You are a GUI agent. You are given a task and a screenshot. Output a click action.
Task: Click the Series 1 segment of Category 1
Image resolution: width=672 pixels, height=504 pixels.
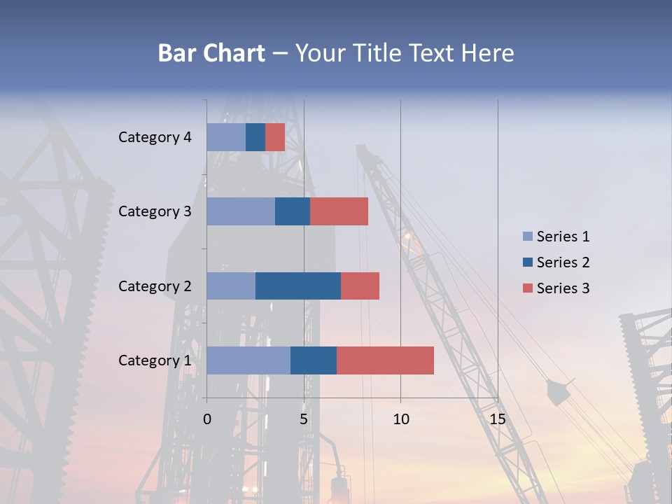[x=248, y=360]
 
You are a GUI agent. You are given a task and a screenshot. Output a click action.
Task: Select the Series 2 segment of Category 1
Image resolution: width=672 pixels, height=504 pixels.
[x=314, y=360]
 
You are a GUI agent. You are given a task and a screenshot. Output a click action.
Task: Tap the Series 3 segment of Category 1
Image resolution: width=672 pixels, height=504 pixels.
[x=385, y=360]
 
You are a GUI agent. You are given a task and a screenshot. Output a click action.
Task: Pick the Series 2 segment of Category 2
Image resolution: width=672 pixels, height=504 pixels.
[x=298, y=286]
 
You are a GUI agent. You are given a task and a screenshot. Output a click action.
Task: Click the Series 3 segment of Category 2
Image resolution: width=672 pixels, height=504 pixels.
[x=360, y=286]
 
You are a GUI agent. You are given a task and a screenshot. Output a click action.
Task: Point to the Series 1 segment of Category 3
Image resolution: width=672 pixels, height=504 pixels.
[x=241, y=211]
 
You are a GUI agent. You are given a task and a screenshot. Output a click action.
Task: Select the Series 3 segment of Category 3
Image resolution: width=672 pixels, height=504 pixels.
[x=339, y=211]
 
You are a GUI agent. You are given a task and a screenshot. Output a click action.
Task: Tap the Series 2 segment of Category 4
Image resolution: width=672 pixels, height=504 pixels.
[x=255, y=137]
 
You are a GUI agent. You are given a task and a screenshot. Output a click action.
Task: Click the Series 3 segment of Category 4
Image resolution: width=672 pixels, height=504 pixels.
[x=275, y=137]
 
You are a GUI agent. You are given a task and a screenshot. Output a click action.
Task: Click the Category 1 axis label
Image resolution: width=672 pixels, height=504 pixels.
[x=154, y=360]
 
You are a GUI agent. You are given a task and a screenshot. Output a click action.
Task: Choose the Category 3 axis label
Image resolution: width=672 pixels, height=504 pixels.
[x=154, y=211]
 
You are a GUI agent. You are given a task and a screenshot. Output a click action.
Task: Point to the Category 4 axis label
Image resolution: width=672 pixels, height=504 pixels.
[x=154, y=137]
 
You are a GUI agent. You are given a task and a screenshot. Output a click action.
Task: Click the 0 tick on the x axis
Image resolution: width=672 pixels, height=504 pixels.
[x=207, y=419]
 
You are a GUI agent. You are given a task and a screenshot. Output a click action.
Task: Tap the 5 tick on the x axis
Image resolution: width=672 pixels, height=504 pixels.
[x=304, y=419]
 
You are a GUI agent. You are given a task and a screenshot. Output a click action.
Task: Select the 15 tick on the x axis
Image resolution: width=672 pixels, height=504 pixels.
[x=497, y=419]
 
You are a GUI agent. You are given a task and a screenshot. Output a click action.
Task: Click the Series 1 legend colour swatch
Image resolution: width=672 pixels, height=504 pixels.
[x=528, y=237]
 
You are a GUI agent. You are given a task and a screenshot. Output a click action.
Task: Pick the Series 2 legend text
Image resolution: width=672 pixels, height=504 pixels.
[x=563, y=262]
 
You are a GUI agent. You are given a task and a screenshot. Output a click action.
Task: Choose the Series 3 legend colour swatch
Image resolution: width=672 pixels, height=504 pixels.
[x=528, y=288]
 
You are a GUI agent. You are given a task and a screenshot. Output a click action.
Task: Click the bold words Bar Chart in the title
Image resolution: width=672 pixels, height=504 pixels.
[x=211, y=53]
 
